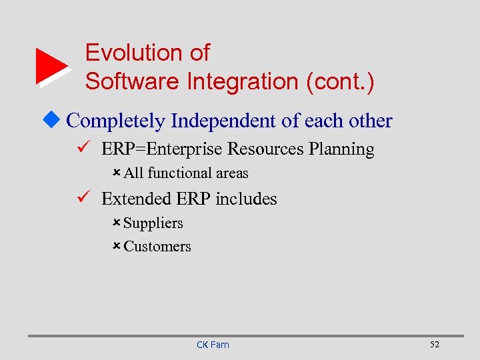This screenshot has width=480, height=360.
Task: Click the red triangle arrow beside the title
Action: click(x=51, y=67)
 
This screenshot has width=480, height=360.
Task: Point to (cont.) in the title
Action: click(x=340, y=81)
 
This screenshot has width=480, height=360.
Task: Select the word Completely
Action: click(x=116, y=121)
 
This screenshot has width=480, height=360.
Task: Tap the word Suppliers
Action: click(x=153, y=223)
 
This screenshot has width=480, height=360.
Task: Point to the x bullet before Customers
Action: click(x=116, y=246)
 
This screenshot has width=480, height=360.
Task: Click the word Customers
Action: click(x=157, y=247)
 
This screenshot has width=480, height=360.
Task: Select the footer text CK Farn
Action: click(x=213, y=345)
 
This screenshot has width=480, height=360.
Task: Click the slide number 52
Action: click(x=435, y=344)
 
